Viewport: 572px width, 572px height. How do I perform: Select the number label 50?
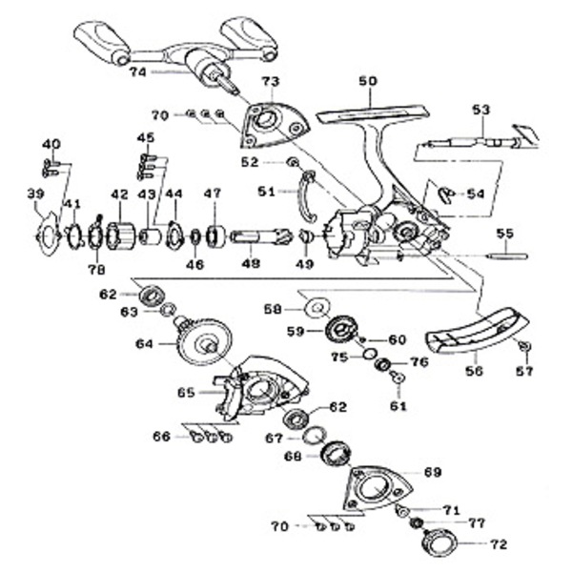click(367, 82)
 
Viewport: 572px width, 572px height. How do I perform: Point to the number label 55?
click(504, 233)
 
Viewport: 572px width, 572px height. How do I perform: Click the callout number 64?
click(145, 343)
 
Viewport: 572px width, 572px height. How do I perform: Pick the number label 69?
click(433, 472)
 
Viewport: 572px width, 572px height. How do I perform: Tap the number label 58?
click(274, 309)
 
